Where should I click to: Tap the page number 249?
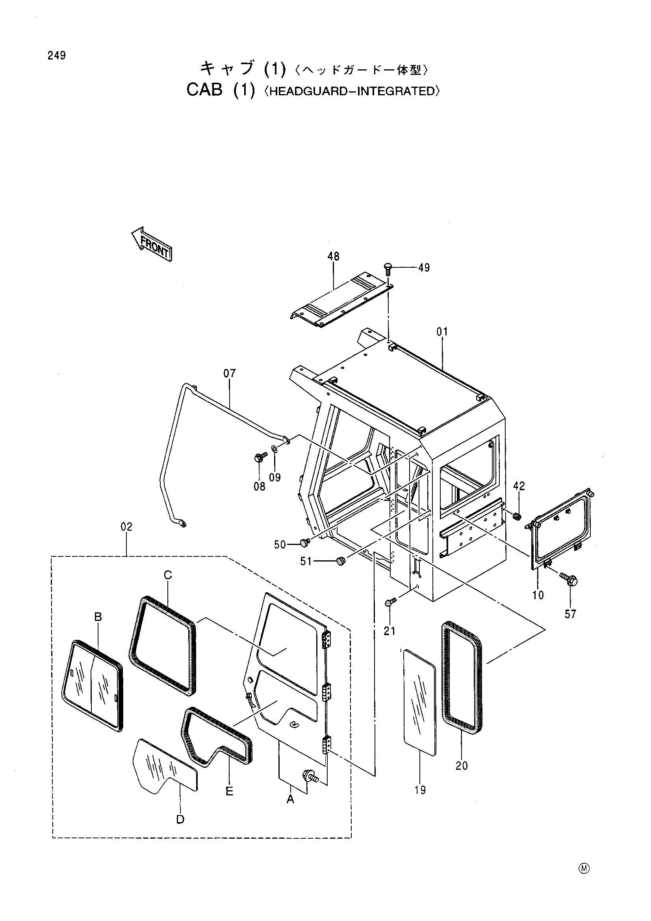point(57,56)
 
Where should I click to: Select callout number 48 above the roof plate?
point(333,256)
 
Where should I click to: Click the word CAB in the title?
point(204,90)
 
